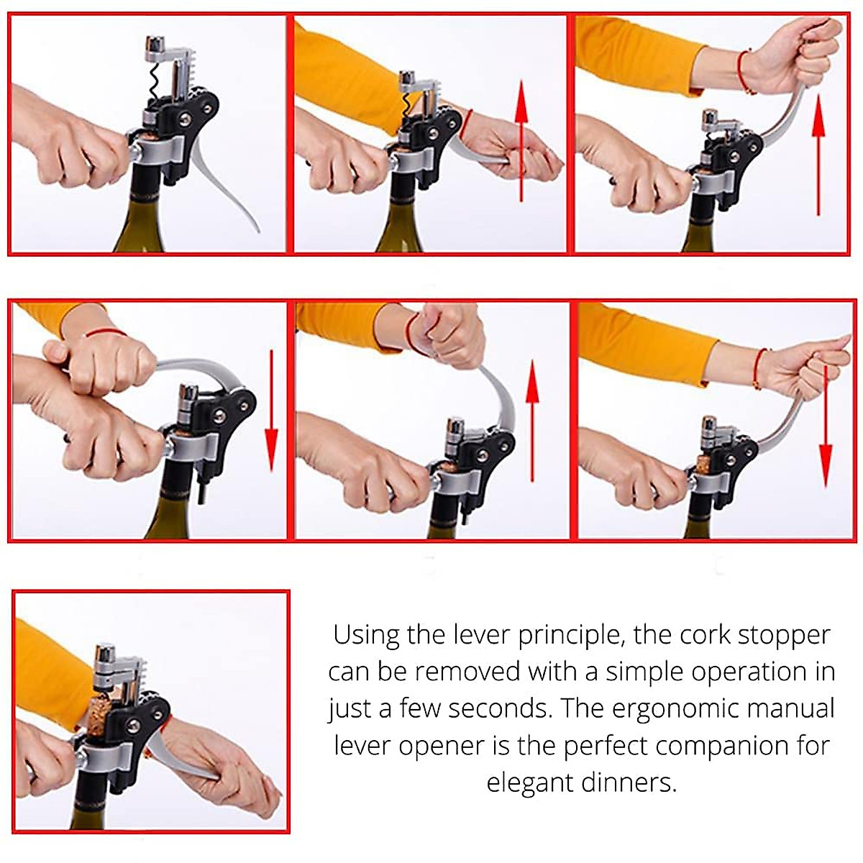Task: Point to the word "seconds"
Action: pyautogui.click(x=499, y=709)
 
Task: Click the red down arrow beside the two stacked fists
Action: pyautogui.click(x=271, y=411)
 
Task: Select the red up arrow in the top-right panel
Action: pyautogui.click(x=818, y=155)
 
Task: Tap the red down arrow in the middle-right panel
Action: pyautogui.click(x=826, y=426)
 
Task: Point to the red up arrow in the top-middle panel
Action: pyautogui.click(x=521, y=141)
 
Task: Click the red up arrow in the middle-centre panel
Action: pyautogui.click(x=532, y=421)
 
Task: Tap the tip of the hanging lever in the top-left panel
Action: pyautogui.click(x=259, y=232)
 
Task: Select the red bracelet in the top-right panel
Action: pyautogui.click(x=745, y=72)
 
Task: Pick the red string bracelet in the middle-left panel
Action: pyautogui.click(x=106, y=332)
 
